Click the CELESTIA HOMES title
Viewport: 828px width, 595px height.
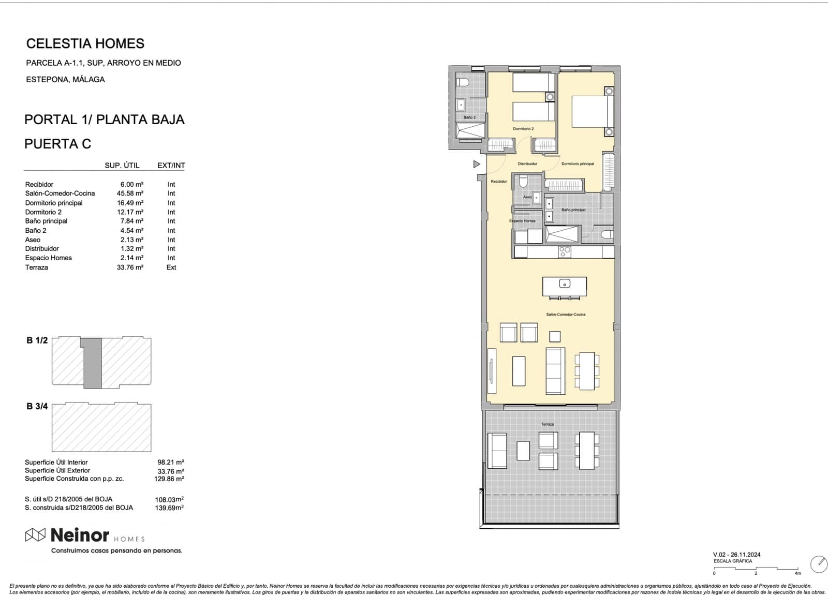pos(85,43)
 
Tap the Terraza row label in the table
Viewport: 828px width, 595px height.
pos(36,267)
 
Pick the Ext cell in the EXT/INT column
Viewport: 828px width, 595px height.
pos(171,267)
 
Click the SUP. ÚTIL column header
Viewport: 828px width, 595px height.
pos(122,166)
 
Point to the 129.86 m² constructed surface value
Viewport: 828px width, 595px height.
pos(170,479)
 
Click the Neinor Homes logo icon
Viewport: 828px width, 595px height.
pos(35,535)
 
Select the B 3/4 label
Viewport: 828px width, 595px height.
pos(37,407)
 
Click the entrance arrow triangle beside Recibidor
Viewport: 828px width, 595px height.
pos(477,164)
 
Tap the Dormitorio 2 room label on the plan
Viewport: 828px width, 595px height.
pos(523,129)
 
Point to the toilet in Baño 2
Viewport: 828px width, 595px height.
pos(463,82)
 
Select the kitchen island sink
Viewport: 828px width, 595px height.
pos(565,284)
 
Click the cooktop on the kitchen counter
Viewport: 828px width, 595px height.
pos(565,251)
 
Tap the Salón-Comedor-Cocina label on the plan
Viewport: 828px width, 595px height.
pos(566,315)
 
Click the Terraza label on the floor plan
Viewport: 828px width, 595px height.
pos(547,424)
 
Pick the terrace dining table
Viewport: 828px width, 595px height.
pos(587,451)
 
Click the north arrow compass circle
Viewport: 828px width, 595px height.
pos(819,564)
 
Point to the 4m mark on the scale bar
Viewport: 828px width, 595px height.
pos(797,573)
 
